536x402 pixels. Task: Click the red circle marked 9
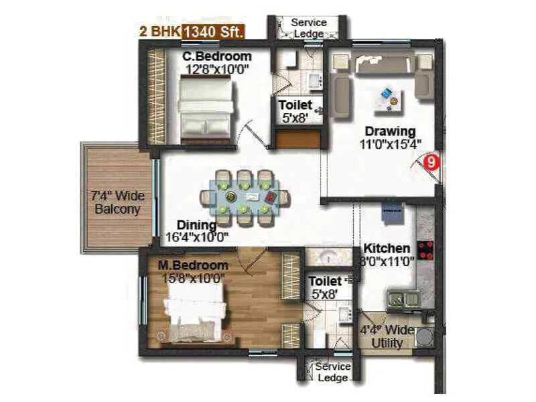pos(433,161)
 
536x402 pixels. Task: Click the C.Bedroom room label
pos(217,56)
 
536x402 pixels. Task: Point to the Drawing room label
pos(390,131)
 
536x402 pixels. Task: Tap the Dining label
pos(196,224)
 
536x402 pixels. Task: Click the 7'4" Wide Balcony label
pos(117,202)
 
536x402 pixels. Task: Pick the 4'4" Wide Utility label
pos(387,337)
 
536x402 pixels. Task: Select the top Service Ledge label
pos(309,27)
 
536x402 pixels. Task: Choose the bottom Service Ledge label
pos(332,372)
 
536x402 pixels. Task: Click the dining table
pos(246,196)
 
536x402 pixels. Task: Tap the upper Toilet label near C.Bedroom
pos(295,105)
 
